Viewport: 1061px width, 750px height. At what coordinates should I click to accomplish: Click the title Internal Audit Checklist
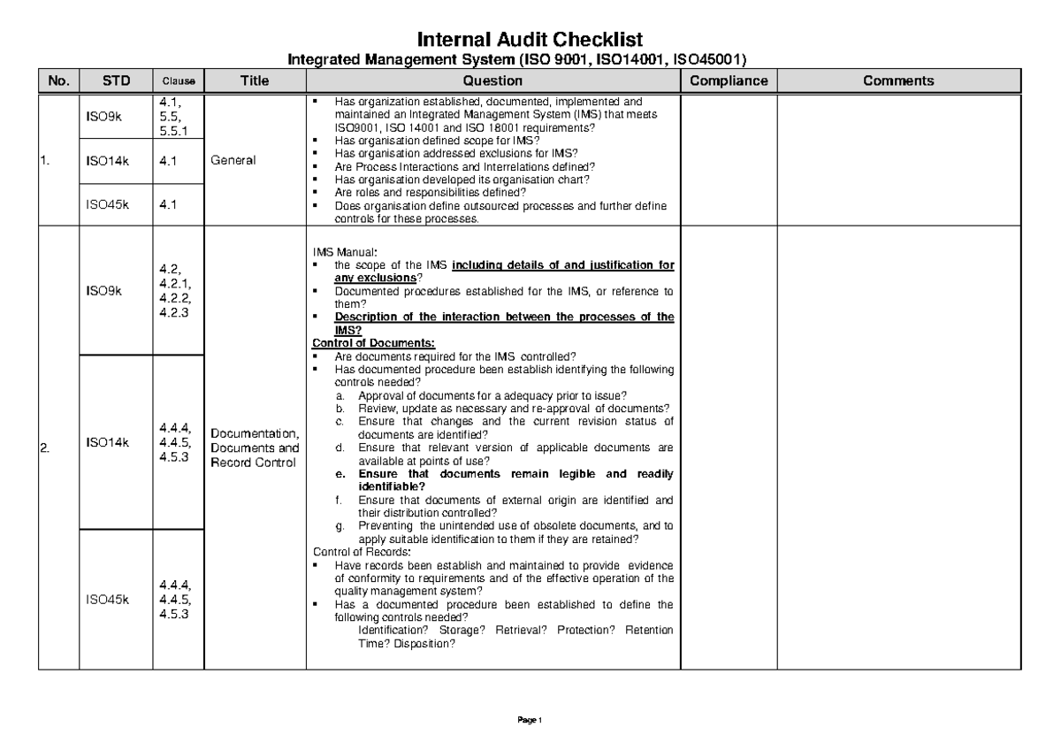(530, 40)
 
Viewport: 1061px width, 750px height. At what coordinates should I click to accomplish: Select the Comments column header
(898, 81)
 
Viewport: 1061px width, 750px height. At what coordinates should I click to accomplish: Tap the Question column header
(492, 81)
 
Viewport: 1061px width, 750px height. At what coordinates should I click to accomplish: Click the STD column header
(116, 81)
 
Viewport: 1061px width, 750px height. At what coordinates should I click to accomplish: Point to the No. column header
(58, 81)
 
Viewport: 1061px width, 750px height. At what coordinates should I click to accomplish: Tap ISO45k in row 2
(107, 600)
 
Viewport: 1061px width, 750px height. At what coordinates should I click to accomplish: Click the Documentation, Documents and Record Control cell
(255, 448)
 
